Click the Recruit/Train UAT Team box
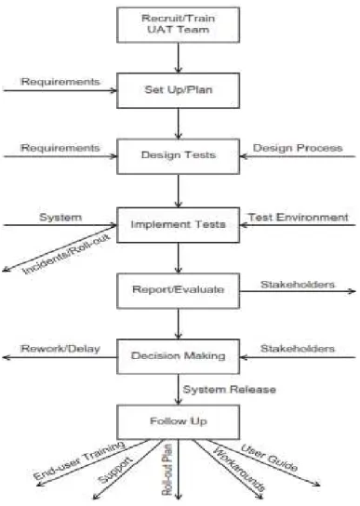click(179, 25)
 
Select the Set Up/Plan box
click(179, 90)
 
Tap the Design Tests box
click(179, 156)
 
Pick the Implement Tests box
click(179, 225)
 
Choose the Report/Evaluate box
click(179, 291)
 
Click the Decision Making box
click(179, 356)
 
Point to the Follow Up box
click(179, 422)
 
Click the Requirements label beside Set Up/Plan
click(60, 82)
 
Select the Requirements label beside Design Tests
click(60, 148)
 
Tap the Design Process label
click(298, 148)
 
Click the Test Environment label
click(298, 217)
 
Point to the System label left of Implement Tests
click(60, 217)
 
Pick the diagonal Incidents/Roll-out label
click(66, 254)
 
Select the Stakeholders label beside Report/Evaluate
click(298, 285)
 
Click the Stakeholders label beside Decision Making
click(298, 349)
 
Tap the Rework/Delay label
click(60, 349)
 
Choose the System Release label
click(230, 389)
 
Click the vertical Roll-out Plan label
click(167, 470)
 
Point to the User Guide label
click(269, 458)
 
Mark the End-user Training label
click(79, 459)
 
